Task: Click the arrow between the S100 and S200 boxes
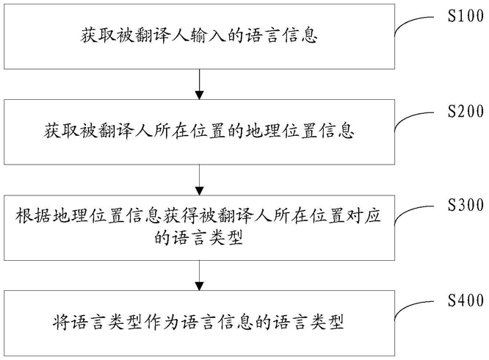(199, 84)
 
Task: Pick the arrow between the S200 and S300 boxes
(199, 179)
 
